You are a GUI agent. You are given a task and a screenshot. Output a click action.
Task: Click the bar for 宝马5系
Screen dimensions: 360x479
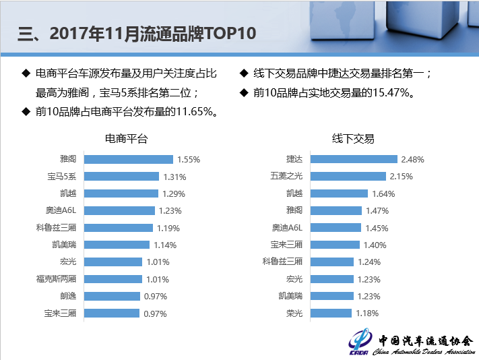click(121, 177)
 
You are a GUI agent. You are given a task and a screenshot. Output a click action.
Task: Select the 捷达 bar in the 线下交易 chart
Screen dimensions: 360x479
click(354, 159)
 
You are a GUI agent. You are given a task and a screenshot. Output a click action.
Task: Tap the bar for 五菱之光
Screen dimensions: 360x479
click(348, 177)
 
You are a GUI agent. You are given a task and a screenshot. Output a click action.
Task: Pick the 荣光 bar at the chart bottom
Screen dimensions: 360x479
click(331, 313)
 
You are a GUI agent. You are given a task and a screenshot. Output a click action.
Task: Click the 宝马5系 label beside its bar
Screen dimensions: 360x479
click(61, 177)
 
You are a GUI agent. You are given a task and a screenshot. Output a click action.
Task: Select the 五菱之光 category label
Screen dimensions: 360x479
click(286, 177)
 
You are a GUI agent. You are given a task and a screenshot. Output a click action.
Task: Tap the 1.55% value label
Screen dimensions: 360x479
click(188, 160)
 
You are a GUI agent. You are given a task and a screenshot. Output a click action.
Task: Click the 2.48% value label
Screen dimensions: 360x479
click(412, 160)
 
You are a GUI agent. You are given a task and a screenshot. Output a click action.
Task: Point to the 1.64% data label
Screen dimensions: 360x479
click(383, 193)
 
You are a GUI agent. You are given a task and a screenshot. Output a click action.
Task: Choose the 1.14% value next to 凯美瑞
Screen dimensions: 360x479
click(165, 245)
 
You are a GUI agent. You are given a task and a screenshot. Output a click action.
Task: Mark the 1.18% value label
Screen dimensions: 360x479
click(366, 313)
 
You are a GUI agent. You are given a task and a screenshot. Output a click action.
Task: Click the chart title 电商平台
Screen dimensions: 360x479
click(126, 139)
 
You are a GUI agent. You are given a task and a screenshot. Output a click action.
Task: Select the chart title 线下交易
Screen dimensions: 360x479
click(353, 139)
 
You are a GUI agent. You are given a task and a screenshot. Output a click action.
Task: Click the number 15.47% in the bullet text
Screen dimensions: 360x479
click(391, 94)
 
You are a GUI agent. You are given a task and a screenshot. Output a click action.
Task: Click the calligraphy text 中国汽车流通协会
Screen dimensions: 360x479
click(425, 341)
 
